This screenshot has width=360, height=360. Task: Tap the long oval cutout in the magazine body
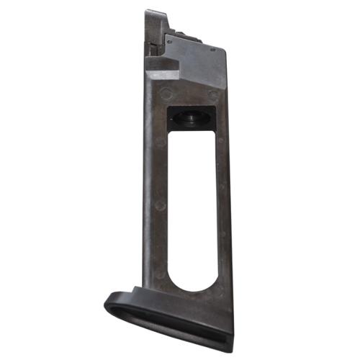[192, 209]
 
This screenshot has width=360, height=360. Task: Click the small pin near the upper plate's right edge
[213, 48]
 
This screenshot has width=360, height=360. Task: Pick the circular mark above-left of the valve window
[166, 94]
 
